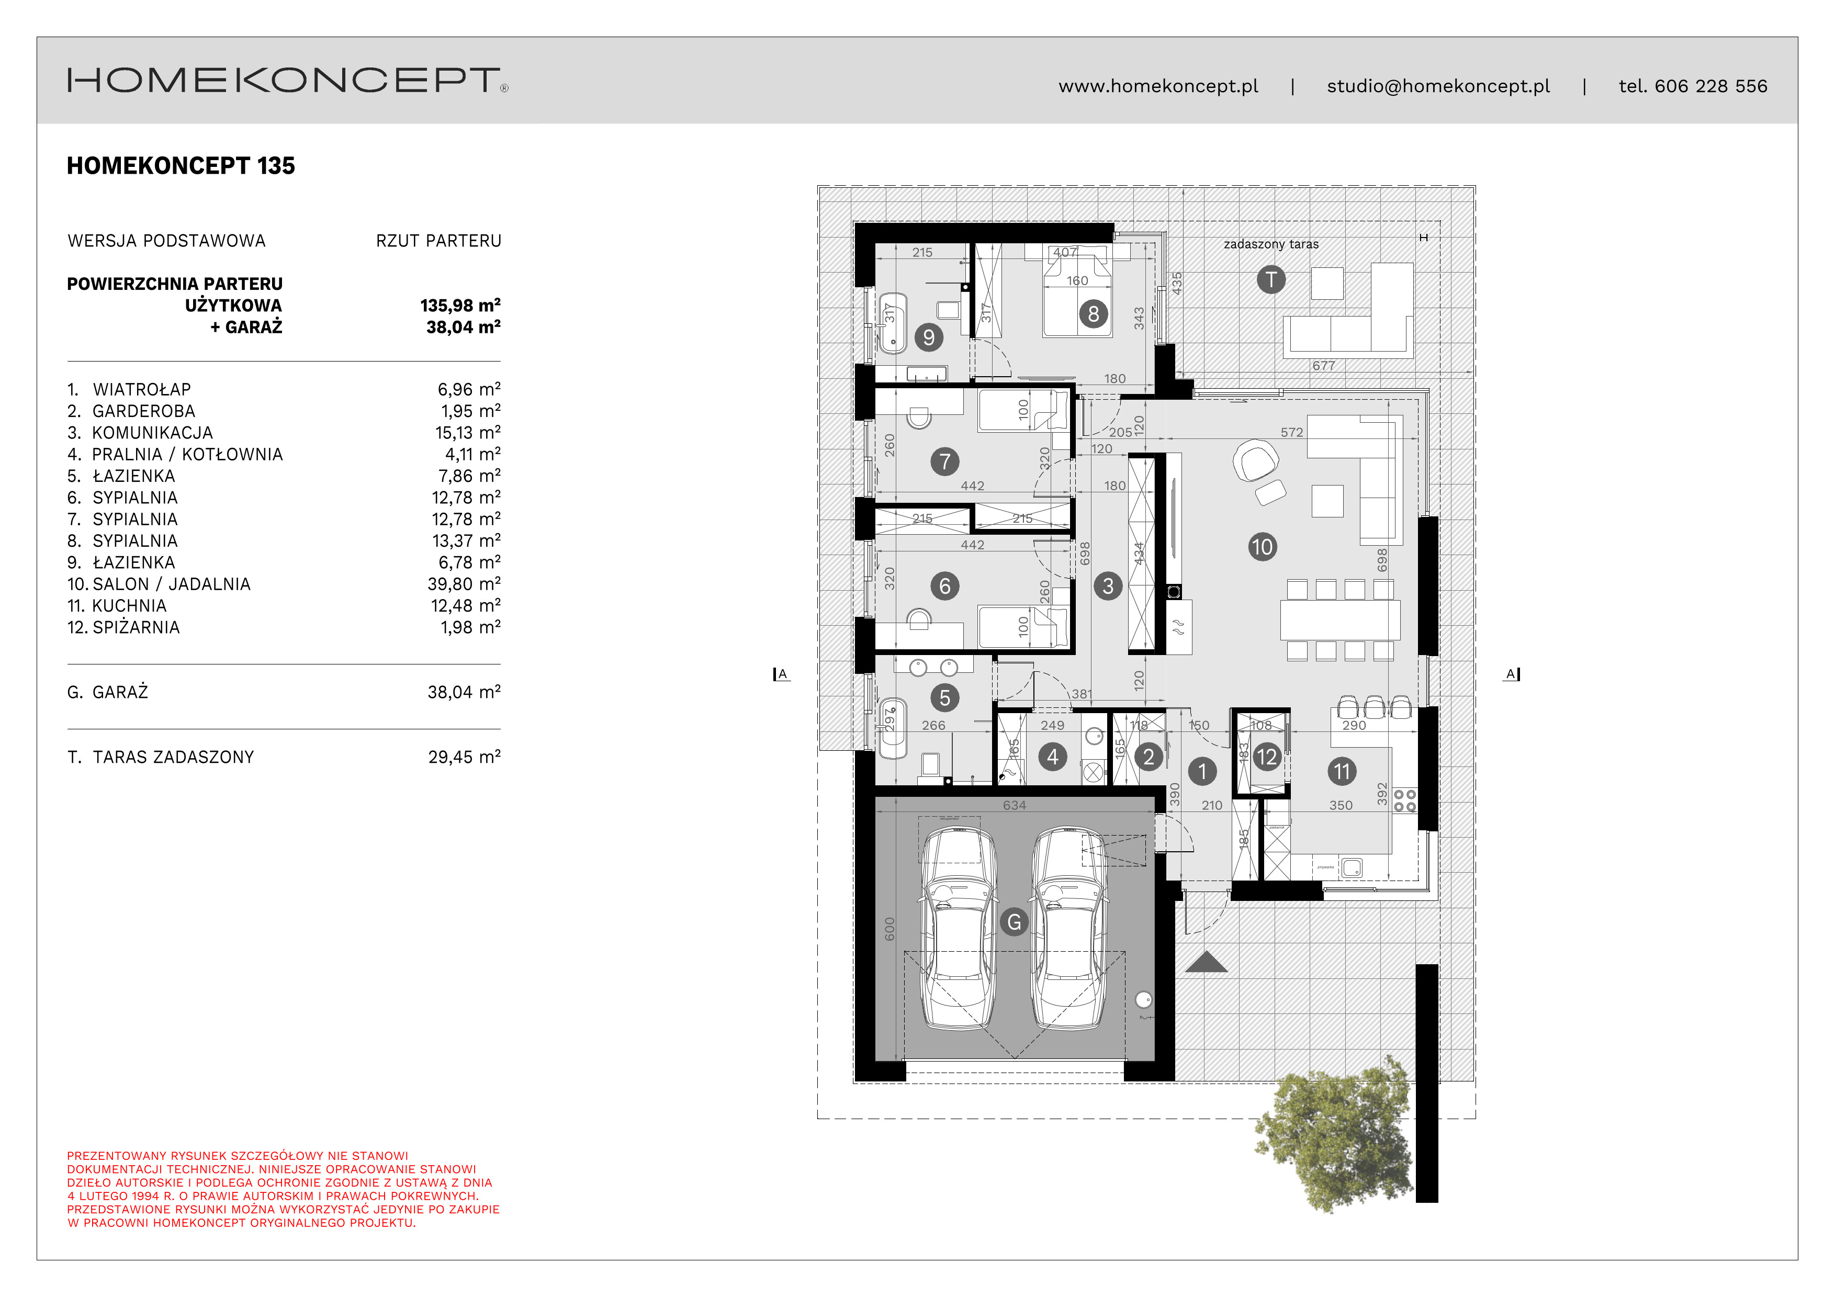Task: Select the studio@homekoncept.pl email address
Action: (1438, 86)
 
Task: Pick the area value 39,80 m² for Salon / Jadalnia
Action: (464, 584)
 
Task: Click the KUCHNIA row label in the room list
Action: (129, 606)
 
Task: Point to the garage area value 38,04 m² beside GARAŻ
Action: (464, 692)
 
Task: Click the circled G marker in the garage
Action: (1014, 922)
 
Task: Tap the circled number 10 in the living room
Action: (1262, 547)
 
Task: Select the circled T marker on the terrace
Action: (1271, 280)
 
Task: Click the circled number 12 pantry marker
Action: (1266, 757)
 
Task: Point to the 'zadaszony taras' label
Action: (1271, 244)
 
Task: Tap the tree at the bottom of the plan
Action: (1335, 1135)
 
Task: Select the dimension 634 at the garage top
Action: (1014, 806)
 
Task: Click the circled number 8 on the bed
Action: (1094, 314)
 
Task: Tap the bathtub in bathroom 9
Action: (893, 323)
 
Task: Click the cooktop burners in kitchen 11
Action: (1404, 800)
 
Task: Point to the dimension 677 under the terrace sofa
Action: (1323, 366)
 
